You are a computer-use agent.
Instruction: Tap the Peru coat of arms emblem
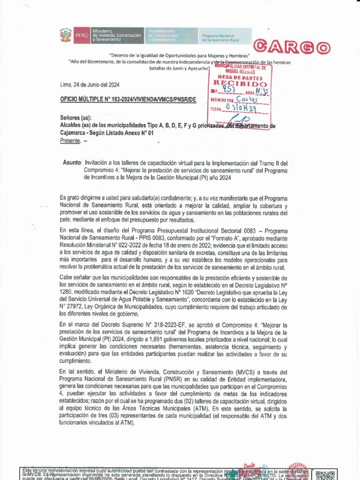pyautogui.click(x=65, y=36)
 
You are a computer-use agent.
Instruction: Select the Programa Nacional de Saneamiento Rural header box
pyautogui.click(x=225, y=36)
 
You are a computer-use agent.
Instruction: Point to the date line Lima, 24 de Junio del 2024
pyautogui.click(x=90, y=85)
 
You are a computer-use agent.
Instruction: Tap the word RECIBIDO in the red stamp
pyautogui.click(x=240, y=84)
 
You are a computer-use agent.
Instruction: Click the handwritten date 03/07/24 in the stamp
pyautogui.click(x=240, y=107)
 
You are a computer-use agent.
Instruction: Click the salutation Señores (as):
pyautogui.click(x=76, y=118)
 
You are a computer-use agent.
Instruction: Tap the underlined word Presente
pyautogui.click(x=70, y=141)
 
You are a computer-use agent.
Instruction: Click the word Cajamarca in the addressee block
pyautogui.click(x=75, y=133)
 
